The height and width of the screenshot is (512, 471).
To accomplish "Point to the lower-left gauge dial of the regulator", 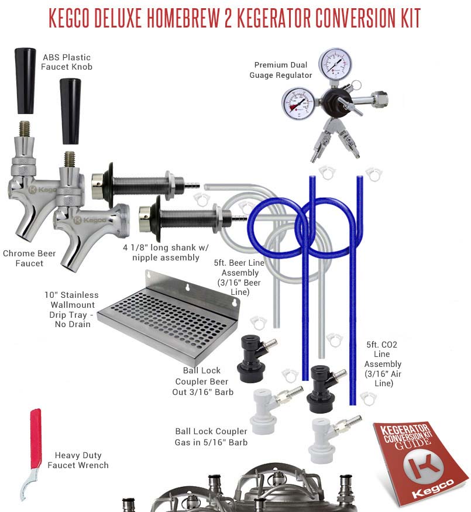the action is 298,104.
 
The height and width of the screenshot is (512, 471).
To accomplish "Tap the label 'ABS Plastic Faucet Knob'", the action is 67,62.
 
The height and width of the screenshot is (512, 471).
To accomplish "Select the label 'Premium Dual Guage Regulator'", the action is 281,70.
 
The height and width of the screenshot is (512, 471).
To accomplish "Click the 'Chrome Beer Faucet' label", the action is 29,258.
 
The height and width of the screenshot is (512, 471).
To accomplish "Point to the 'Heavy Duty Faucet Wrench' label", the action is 78,460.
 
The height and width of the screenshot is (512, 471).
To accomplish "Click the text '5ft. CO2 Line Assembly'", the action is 383,364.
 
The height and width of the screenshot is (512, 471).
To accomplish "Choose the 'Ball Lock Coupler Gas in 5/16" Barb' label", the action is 211,437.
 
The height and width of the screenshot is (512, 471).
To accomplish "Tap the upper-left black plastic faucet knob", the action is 25,81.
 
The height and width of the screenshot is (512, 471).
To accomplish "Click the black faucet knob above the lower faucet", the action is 70,111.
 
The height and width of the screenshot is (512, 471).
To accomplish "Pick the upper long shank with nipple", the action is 145,185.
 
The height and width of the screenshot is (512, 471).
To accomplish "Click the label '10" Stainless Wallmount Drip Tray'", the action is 72,310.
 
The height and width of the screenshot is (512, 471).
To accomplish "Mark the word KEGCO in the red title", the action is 69,18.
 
